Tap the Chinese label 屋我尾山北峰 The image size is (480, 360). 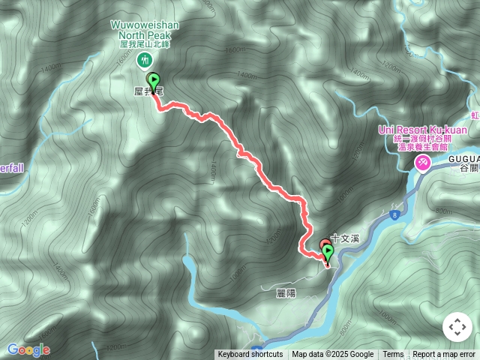click(145, 45)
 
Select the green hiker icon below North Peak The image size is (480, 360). click(147, 60)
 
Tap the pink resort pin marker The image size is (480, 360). click(423, 162)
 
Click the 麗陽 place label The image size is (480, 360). click(286, 293)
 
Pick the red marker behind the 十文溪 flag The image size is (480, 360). click(322, 244)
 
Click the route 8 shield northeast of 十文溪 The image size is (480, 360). click(392, 215)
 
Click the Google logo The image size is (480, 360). click(28, 349)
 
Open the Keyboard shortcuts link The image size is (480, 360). click(250, 355)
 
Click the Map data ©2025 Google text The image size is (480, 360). click(332, 355)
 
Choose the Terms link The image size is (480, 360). click(393, 355)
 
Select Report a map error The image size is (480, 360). click(444, 355)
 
